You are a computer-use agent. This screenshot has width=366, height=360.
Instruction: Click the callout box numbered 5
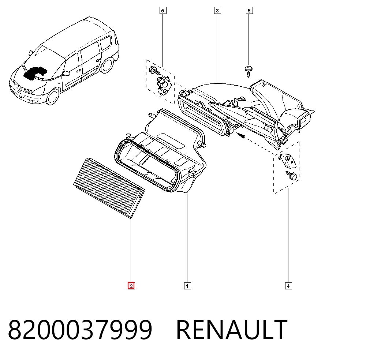[x=163, y=11]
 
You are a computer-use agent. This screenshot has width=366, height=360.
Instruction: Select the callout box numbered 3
[x=217, y=11]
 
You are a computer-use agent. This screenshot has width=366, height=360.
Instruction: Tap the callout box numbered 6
[x=249, y=11]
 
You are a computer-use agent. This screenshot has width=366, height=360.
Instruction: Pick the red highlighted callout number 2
[x=131, y=286]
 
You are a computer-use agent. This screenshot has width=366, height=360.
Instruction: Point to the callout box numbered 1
[x=187, y=286]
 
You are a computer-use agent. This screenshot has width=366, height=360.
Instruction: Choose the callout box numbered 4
[x=288, y=286]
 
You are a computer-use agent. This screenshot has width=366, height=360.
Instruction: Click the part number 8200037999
[x=80, y=330]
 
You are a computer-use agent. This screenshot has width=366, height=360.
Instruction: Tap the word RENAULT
[x=232, y=330]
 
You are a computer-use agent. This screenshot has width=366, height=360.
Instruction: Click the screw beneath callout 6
[x=249, y=71]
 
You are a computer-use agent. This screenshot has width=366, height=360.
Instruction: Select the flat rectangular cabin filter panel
[x=109, y=188]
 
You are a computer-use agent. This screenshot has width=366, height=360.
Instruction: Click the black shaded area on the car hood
[x=35, y=73]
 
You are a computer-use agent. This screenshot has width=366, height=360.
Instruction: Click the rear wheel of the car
[x=106, y=65]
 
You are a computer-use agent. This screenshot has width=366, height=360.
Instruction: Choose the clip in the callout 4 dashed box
[x=287, y=160]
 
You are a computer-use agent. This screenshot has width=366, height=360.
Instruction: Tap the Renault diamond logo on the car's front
[x=20, y=89]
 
